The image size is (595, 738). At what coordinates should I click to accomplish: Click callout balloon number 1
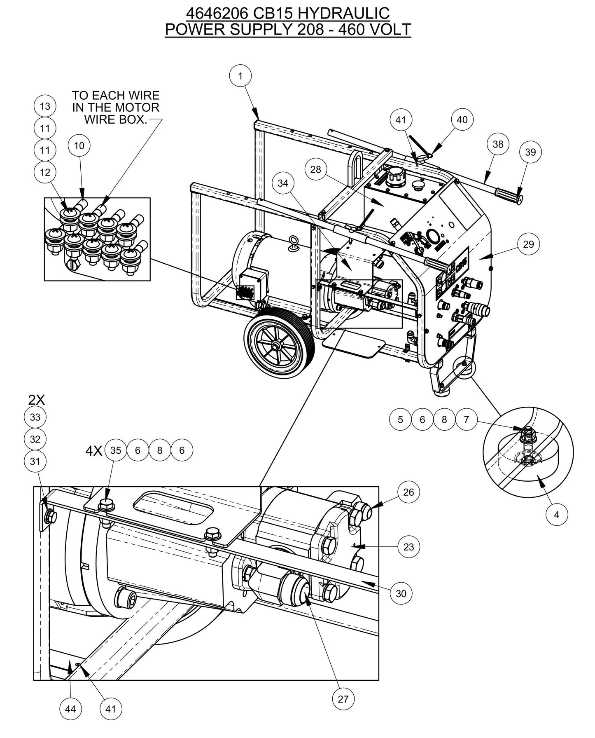(x=240, y=76)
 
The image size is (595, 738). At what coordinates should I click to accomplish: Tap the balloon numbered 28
(x=316, y=169)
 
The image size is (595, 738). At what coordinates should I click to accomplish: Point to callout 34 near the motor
(x=283, y=183)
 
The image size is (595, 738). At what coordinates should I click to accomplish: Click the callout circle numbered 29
(x=528, y=244)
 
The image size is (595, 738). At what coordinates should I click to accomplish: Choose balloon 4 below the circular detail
(x=557, y=515)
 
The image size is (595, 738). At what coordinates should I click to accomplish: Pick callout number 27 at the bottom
(x=343, y=699)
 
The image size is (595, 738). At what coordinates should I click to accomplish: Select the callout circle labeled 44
(x=70, y=709)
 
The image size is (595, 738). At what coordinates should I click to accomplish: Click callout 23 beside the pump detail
(x=408, y=547)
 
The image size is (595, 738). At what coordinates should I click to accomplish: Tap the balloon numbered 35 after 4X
(x=116, y=450)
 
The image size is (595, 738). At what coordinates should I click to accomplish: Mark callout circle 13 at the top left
(x=45, y=106)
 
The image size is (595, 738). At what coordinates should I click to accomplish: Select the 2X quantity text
(x=36, y=399)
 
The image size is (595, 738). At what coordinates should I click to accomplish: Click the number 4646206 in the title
(x=217, y=14)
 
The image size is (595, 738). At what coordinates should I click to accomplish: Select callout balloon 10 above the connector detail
(x=79, y=145)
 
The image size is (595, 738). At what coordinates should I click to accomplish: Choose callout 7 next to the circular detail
(x=466, y=419)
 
